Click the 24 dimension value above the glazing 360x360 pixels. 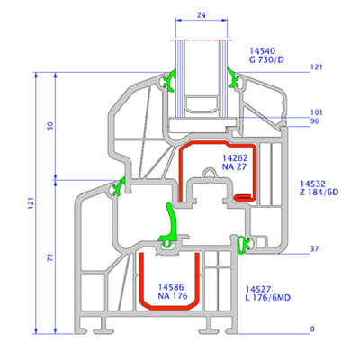[x=202, y=15]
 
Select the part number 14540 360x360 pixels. [x=262, y=51]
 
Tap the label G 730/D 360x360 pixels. [x=266, y=59]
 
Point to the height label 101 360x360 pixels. [x=317, y=112]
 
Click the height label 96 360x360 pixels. [x=315, y=121]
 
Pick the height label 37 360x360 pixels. [x=315, y=248]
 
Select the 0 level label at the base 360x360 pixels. [x=312, y=328]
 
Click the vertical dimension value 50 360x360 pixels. [x=50, y=125]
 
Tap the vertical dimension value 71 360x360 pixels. [x=51, y=256]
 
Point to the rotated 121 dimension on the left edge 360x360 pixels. [x=31, y=203]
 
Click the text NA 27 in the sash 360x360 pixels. [x=234, y=166]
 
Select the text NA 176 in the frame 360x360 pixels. [x=173, y=296]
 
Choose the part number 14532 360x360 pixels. [x=313, y=184]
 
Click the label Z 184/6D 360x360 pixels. [x=319, y=192]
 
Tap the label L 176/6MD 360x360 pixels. [x=268, y=298]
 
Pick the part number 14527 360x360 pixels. [x=258, y=289]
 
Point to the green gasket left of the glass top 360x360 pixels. [x=170, y=80]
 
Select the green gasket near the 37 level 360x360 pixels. [x=243, y=245]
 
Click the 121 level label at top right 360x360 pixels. [x=317, y=67]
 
